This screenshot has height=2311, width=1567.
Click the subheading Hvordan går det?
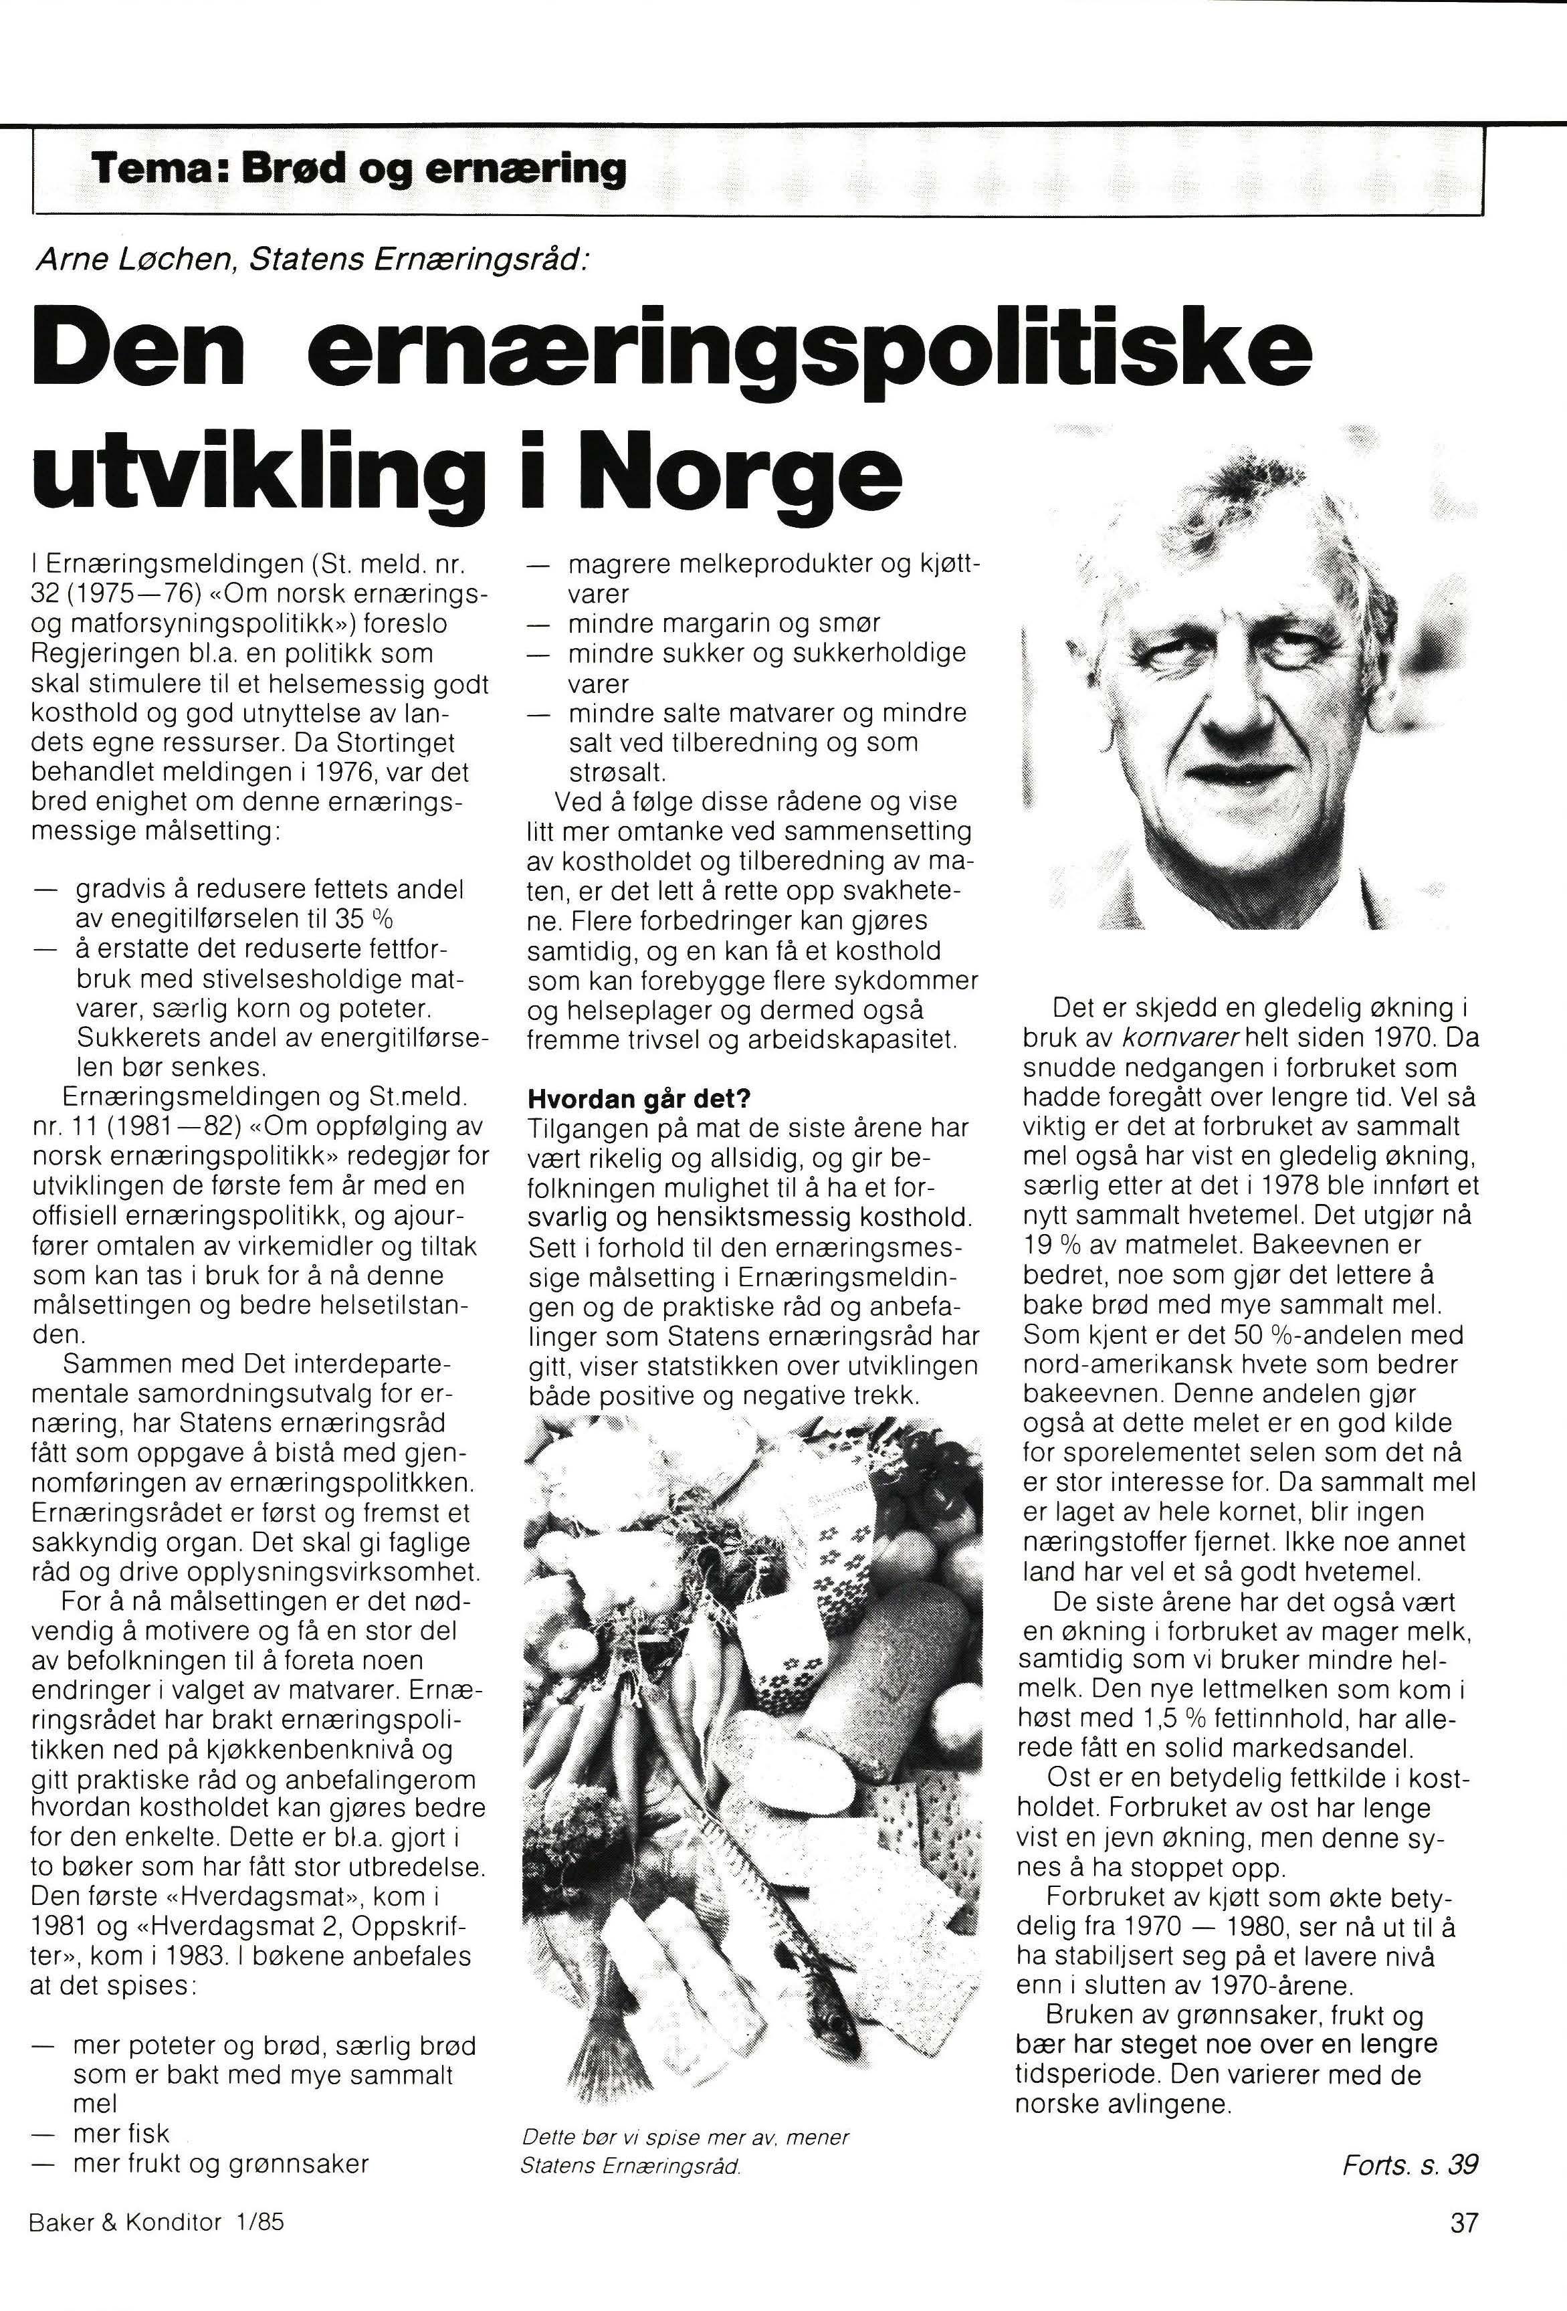click(x=638, y=1099)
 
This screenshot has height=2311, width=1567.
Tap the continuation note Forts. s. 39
click(x=1410, y=2164)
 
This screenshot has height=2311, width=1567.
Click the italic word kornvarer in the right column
click(x=1178, y=1039)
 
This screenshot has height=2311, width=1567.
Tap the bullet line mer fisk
click(x=121, y=2133)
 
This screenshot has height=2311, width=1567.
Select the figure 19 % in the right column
click(x=1053, y=1245)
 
